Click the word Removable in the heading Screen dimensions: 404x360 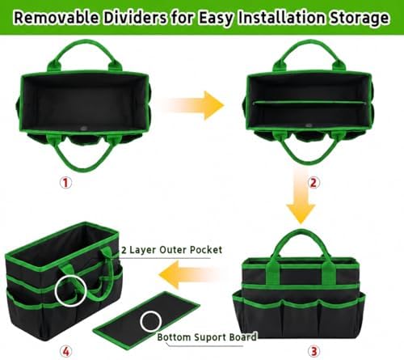pos(56,18)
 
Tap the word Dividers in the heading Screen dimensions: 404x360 pos(135,18)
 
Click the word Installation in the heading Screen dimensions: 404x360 pos(281,18)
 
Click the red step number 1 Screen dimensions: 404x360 pos(65,183)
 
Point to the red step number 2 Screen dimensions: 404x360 pos(314,183)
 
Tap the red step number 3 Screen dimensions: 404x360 pos(314,351)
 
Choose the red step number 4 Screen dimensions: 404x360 pos(65,351)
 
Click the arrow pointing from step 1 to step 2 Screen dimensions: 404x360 pos(195,105)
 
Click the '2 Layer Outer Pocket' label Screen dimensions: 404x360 pos(172,250)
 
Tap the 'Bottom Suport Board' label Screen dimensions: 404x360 pos(207,337)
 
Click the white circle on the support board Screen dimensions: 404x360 pos(150,311)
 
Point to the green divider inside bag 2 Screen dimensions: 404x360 pos(309,102)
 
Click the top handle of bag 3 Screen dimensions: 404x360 pos(301,231)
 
